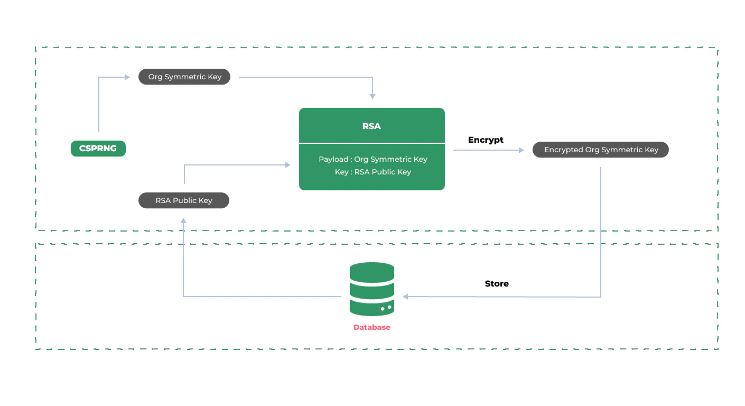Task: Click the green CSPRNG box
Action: click(98, 149)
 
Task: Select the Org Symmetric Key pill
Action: click(184, 77)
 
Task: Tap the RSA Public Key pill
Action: click(183, 200)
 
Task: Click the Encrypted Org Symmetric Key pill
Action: click(601, 150)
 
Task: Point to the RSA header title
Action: click(371, 126)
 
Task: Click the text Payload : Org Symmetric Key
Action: click(373, 159)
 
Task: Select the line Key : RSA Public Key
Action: click(373, 172)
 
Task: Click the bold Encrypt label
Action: click(486, 140)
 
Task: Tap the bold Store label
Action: click(497, 284)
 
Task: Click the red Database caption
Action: click(371, 327)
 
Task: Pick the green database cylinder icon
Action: click(371, 289)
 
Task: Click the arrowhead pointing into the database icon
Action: click(405, 297)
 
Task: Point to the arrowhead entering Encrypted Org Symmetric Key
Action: click(521, 150)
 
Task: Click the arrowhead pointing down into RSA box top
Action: click(373, 96)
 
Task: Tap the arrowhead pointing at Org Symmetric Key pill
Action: click(127, 77)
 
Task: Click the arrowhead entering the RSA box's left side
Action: click(288, 165)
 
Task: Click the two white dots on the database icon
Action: click(386, 308)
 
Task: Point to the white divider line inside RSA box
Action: click(371, 143)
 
